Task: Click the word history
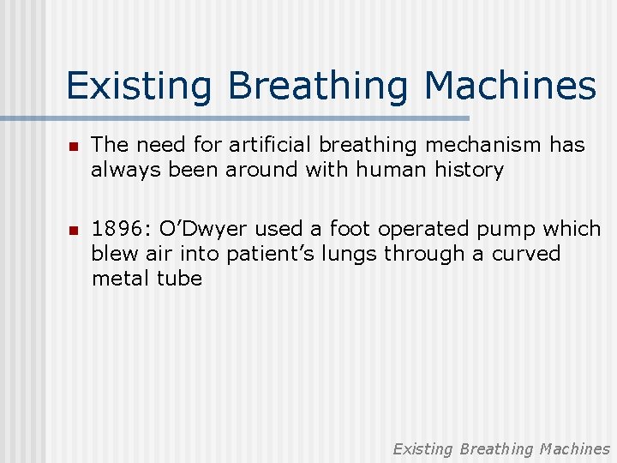point(470,170)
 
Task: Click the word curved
point(526,254)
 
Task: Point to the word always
point(121,170)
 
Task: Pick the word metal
point(120,279)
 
